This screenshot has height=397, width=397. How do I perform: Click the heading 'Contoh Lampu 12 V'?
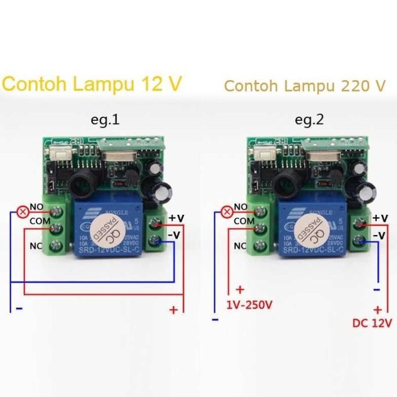[91, 84]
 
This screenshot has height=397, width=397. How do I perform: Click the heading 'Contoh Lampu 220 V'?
[305, 86]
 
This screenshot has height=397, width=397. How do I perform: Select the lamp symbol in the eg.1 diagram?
[23, 211]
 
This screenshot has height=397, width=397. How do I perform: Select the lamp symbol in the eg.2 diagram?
[227, 211]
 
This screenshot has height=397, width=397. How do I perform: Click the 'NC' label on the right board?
[240, 245]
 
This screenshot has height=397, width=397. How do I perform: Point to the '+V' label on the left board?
[176, 218]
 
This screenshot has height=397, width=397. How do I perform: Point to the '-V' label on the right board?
[378, 235]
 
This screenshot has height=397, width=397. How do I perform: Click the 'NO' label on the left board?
[36, 206]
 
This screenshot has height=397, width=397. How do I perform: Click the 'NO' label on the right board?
[240, 206]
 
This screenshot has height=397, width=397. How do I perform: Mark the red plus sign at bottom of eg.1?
[173, 310]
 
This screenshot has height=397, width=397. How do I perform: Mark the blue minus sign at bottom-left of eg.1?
[19, 309]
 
